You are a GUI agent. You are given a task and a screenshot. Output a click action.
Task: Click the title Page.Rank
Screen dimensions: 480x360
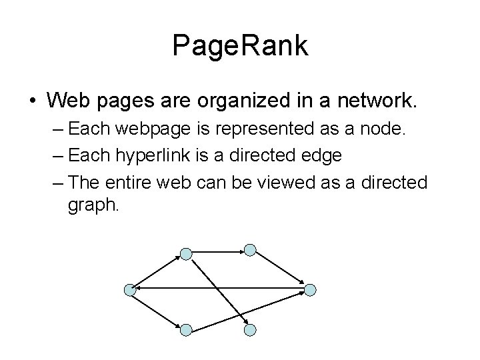coord(240,46)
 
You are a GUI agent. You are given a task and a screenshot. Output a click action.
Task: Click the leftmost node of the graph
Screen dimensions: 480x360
coord(130,289)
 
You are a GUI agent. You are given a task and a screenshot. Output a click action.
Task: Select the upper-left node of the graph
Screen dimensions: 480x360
coord(186,253)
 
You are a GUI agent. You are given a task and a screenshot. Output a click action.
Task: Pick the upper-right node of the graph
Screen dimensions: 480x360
coord(249,249)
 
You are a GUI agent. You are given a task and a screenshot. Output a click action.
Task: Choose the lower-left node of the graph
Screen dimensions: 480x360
coord(186,329)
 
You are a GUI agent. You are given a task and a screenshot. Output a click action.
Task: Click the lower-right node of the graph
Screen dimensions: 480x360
coord(249,329)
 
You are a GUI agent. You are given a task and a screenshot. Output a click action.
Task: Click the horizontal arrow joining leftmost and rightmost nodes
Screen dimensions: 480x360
coord(220,289)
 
